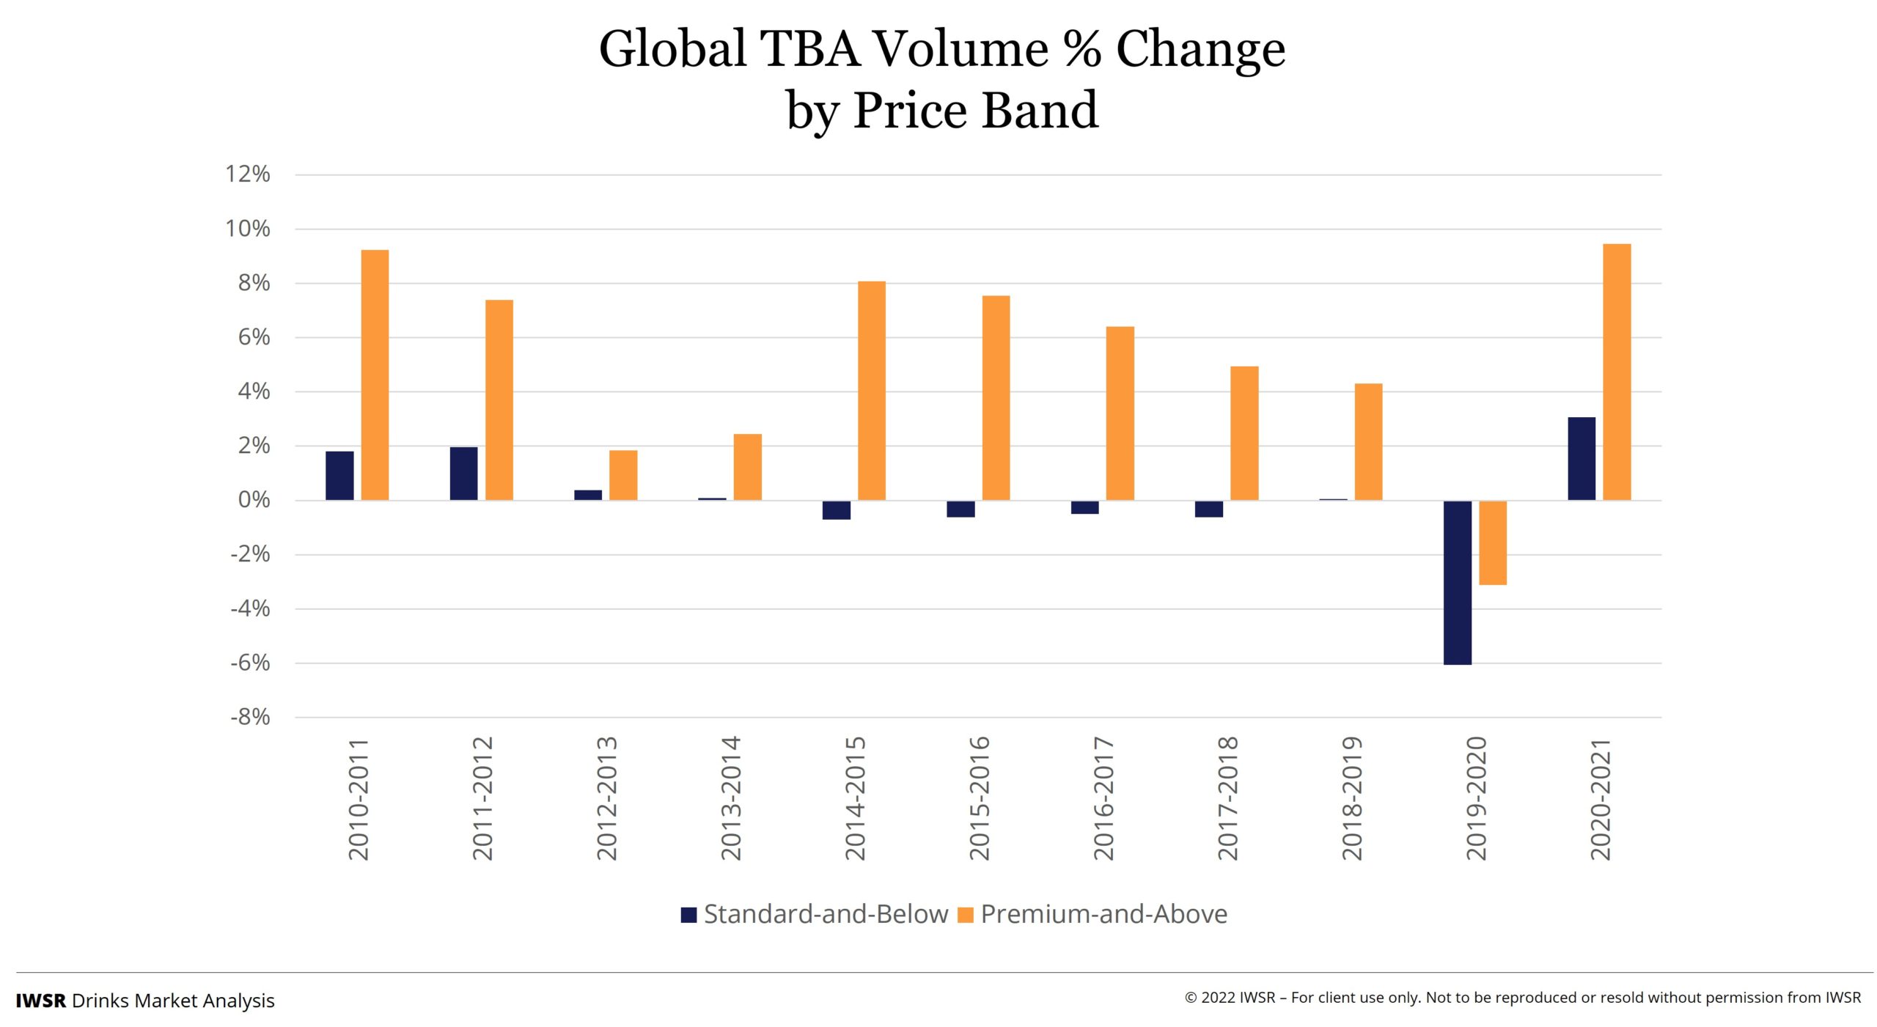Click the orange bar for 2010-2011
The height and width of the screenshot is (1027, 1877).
click(x=375, y=375)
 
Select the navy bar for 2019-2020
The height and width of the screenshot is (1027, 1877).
click(x=1457, y=582)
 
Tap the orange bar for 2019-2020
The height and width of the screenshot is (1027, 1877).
click(x=1492, y=542)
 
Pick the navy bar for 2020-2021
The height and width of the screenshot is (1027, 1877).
click(x=1581, y=459)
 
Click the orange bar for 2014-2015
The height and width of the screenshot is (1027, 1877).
click(x=871, y=391)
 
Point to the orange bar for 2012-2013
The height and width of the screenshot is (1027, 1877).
click(x=622, y=475)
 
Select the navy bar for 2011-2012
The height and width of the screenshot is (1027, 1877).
click(x=463, y=474)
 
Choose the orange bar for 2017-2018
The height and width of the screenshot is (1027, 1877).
click(x=1244, y=433)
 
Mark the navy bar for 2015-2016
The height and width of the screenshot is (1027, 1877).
click(x=960, y=509)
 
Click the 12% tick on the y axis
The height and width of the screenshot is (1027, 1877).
click(x=248, y=174)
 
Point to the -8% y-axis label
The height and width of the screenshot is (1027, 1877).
click(x=250, y=717)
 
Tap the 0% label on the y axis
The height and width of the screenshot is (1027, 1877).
click(x=254, y=500)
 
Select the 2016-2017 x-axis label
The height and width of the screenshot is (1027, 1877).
click(x=1103, y=799)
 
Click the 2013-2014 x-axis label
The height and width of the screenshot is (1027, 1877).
click(x=731, y=799)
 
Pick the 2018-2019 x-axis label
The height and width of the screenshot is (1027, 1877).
click(x=1351, y=799)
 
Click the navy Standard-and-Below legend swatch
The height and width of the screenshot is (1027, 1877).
click(x=688, y=914)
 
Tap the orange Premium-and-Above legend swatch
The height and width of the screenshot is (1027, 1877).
click(x=966, y=914)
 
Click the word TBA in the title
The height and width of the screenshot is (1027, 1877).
click(x=809, y=50)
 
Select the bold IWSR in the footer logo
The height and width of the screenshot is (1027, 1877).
click(x=41, y=1001)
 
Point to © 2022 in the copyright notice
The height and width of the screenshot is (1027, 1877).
click(x=1210, y=998)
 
